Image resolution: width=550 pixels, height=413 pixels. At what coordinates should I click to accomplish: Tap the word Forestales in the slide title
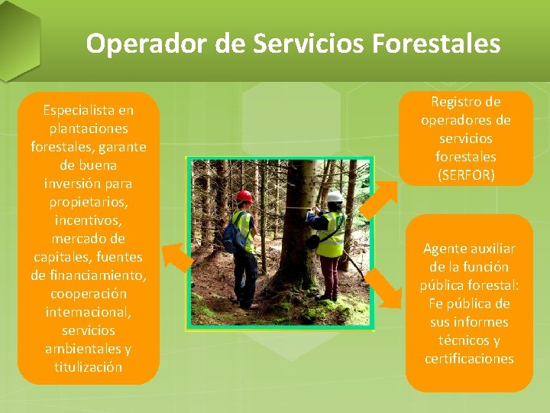click(436, 44)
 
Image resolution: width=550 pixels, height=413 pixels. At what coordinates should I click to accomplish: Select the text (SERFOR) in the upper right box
click(465, 175)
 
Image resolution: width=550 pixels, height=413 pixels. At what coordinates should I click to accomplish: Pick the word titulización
click(88, 367)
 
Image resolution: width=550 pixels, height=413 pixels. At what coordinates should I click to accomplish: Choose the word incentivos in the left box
click(88, 220)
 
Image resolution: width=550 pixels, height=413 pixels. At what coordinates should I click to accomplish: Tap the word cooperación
click(88, 294)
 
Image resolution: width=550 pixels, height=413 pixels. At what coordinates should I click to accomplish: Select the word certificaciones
click(469, 359)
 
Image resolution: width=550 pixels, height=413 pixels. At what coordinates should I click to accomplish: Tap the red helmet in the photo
click(244, 197)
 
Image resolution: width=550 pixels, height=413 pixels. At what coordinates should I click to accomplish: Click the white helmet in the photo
click(335, 197)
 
